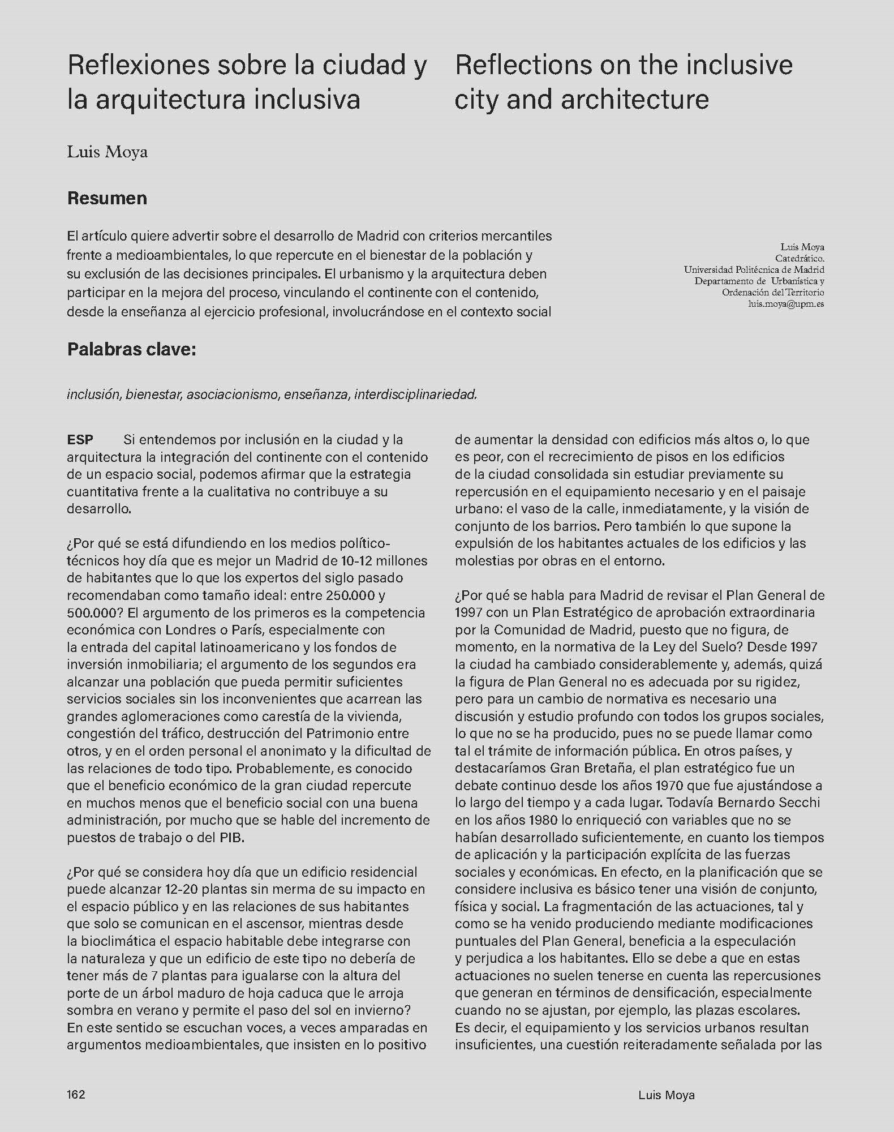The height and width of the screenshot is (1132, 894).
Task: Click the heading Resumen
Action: point(107,198)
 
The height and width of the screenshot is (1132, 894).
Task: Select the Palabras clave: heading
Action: point(131,349)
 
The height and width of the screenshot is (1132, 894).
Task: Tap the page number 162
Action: point(76,1094)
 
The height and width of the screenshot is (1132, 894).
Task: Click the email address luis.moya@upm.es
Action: point(786,304)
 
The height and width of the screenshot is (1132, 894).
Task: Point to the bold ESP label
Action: point(80,440)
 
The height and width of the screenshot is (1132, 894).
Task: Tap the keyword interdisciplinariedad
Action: point(415,395)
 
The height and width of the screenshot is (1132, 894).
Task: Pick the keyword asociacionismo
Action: point(232,395)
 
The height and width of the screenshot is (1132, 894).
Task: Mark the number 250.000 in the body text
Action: point(350,595)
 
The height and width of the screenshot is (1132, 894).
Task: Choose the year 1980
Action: point(538,820)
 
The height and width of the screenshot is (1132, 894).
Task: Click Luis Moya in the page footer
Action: point(666,1095)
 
